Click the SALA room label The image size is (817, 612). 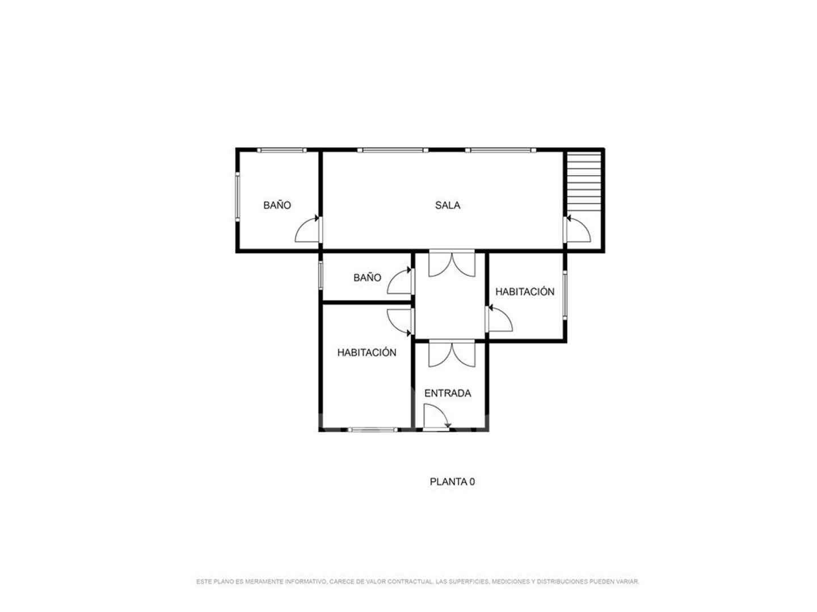[x=448, y=205]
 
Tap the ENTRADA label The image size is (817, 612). [x=448, y=393]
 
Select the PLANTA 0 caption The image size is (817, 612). [x=452, y=482]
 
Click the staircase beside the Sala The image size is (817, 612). [x=584, y=182]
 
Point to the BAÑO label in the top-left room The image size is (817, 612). [x=277, y=205]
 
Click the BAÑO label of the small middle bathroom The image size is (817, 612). [x=367, y=278]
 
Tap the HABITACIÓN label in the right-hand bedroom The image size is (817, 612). [x=525, y=292]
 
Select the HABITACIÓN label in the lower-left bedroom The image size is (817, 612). [x=367, y=352]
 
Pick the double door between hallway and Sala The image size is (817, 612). [x=452, y=265]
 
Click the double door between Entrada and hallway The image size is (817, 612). [x=452, y=354]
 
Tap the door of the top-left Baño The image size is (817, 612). [x=308, y=229]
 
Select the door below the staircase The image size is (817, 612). [x=578, y=229]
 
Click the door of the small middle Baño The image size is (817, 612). [x=400, y=280]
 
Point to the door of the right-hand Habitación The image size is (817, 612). [x=499, y=318]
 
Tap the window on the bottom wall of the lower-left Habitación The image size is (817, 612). [x=373, y=430]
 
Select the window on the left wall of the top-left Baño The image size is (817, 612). [x=238, y=197]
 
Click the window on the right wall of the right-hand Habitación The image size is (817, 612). [x=565, y=295]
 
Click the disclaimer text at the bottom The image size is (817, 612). [x=418, y=581]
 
